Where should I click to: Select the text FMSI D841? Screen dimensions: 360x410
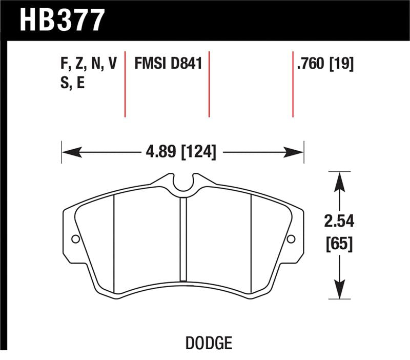[168, 64]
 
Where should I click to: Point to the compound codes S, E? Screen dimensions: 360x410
[73, 83]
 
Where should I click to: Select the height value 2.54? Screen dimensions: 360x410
[339, 223]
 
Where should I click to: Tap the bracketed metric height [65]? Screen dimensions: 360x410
[339, 244]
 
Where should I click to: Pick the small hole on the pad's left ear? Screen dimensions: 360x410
[75, 239]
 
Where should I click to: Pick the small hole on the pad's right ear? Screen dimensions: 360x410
[291, 239]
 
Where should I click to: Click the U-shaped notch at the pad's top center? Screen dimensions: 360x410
[183, 184]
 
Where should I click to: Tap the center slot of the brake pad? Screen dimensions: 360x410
[183, 238]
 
